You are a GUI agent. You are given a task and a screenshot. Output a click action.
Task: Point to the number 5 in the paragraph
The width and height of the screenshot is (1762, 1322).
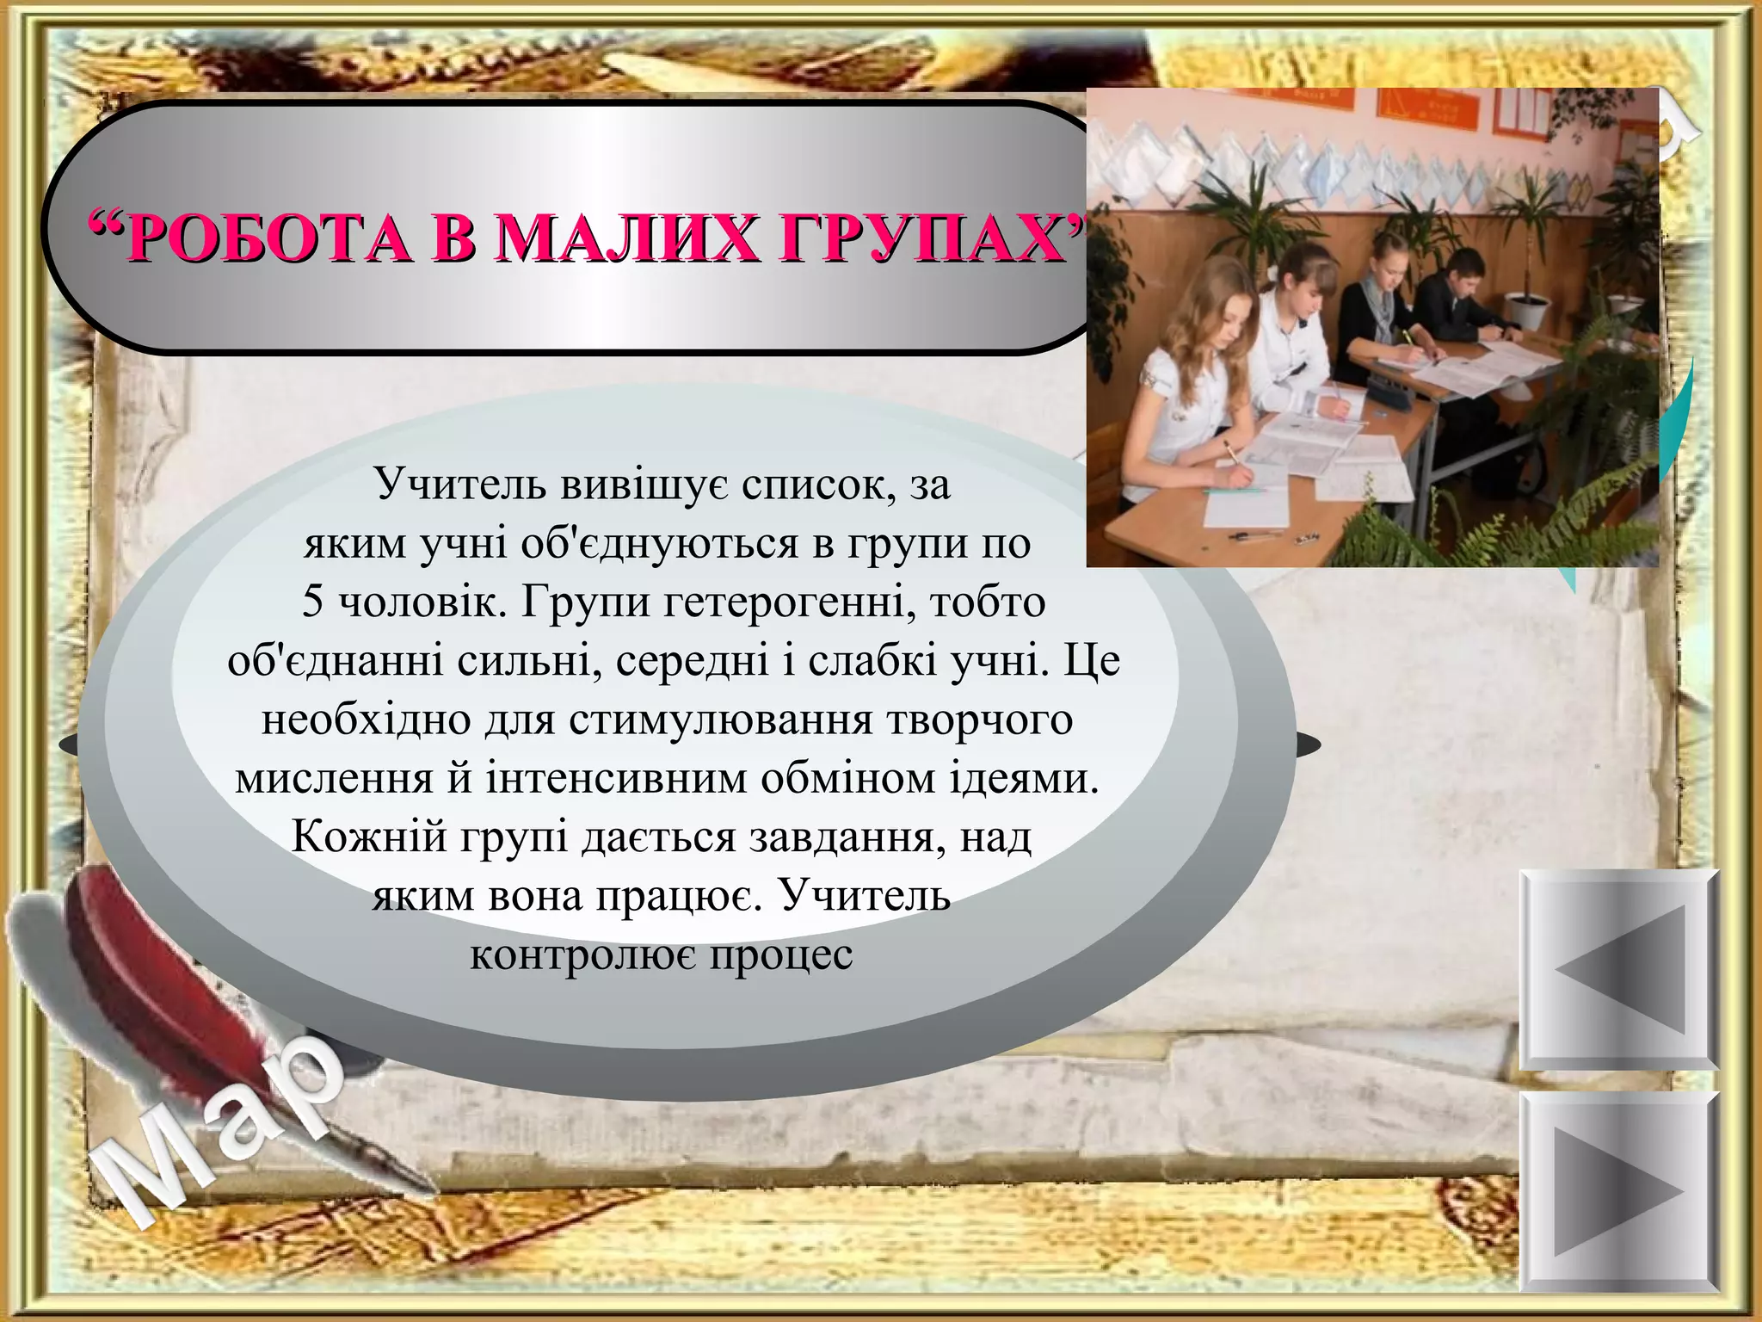point(312,602)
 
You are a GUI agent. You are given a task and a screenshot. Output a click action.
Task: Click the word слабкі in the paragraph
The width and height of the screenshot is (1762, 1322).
point(873,661)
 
